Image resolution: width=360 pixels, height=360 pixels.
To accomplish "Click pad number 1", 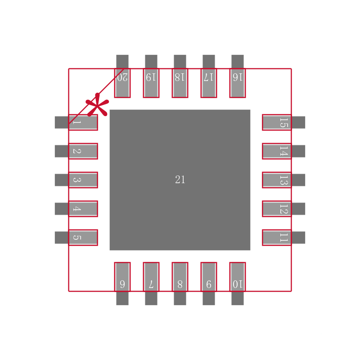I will [83, 122].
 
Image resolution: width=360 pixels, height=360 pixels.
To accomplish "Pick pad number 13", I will [277, 180].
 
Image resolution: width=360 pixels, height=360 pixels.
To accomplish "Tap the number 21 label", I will [180, 180].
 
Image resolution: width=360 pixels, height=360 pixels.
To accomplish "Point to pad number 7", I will [151, 277].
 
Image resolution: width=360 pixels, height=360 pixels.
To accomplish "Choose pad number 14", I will [277, 151].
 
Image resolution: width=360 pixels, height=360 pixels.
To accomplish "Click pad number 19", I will [151, 83].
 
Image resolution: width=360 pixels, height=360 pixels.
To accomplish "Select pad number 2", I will [83, 151].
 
